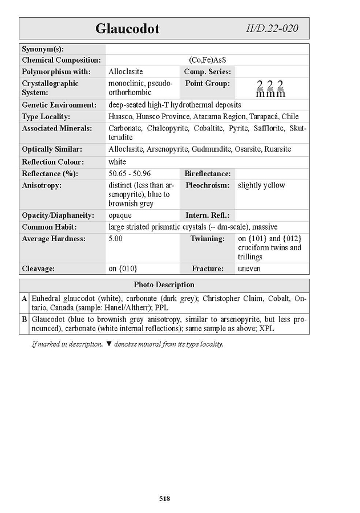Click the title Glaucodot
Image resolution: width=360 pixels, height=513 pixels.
127,28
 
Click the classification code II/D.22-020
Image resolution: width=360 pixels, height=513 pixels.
272,28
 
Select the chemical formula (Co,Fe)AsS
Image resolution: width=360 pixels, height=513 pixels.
208,60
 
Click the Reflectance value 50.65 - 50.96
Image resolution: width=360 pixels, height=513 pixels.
130,173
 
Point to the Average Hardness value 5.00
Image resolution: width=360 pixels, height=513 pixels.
115,239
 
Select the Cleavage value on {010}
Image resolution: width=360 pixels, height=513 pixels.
123,268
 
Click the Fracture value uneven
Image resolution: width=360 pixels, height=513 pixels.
249,268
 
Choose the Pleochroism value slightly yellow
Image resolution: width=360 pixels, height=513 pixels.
261,185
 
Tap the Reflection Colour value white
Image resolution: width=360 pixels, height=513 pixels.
117,162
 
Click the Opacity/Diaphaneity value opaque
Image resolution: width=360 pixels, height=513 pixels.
120,215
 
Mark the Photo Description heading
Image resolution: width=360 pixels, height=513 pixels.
164,284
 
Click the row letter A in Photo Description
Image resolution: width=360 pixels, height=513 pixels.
24,298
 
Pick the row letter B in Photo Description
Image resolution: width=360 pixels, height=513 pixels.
24,319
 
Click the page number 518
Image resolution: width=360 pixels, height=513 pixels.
164,499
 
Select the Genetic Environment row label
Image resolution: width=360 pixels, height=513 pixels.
59,105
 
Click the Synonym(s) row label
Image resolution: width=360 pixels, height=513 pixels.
43,49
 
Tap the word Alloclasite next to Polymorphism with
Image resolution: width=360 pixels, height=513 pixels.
126,72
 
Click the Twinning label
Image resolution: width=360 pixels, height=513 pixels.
207,239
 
